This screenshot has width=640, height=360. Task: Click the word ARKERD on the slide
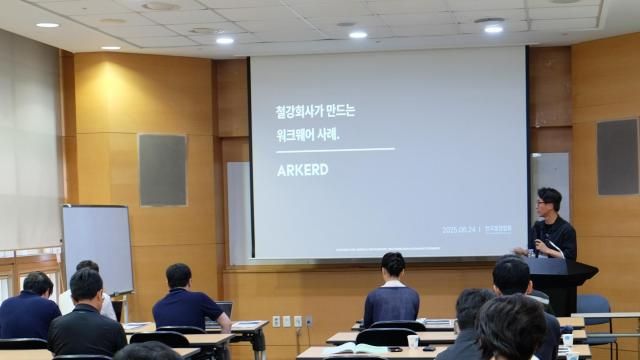pyautogui.click(x=302, y=169)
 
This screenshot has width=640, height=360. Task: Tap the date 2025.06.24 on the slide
pyautogui.click(x=458, y=229)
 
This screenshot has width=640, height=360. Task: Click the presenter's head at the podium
pyautogui.click(x=549, y=200)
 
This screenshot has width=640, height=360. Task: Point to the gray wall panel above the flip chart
pyautogui.click(x=162, y=169)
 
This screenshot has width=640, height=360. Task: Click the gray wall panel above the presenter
pyautogui.click(x=617, y=157)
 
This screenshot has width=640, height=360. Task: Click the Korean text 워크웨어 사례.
pyautogui.click(x=308, y=133)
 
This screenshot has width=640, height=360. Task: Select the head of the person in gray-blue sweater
pyautogui.click(x=393, y=265)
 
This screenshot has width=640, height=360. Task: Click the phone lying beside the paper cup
pyautogui.click(x=430, y=348)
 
